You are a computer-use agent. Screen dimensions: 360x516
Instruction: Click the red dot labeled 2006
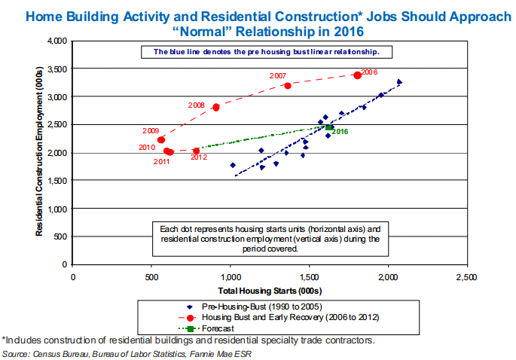tap(357, 75)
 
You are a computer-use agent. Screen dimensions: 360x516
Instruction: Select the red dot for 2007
tap(288, 86)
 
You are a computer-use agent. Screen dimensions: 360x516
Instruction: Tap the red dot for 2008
tap(216, 107)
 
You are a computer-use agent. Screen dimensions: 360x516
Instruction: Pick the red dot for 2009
tap(161, 139)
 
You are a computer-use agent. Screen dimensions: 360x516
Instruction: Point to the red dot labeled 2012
tap(197, 151)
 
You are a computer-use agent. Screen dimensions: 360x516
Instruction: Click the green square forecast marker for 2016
tap(328, 127)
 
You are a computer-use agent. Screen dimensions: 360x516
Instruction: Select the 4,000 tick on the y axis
tap(57, 41)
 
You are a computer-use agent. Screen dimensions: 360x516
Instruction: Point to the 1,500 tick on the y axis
tap(57, 181)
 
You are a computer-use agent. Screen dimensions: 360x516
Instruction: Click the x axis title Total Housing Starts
tap(270, 289)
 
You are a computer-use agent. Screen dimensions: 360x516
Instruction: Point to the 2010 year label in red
tap(147, 148)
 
